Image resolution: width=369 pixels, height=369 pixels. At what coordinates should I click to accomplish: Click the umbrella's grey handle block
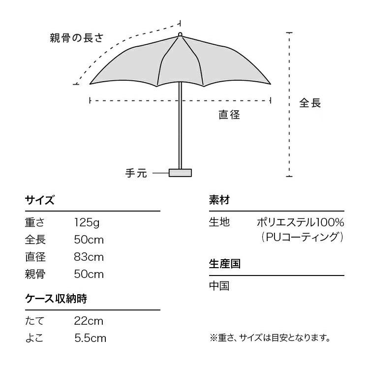(180, 173)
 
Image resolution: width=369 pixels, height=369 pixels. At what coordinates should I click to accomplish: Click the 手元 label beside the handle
(136, 173)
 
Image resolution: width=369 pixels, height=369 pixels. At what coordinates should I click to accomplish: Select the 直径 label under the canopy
(229, 115)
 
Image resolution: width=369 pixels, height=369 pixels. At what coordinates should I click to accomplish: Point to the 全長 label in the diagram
(310, 103)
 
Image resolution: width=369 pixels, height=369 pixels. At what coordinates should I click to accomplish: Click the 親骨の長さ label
(77, 38)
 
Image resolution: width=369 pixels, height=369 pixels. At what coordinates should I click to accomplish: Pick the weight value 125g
(87, 222)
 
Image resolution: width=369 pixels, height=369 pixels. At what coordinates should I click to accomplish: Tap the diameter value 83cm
(89, 257)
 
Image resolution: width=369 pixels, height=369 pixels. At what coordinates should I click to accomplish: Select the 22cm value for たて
(89, 321)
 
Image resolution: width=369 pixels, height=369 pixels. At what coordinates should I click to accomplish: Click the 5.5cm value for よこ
(90, 338)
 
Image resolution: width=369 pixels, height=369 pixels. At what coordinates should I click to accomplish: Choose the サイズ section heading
(40, 200)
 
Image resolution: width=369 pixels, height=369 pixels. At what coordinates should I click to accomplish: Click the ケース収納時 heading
(56, 299)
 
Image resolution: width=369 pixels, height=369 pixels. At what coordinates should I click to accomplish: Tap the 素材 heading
(219, 200)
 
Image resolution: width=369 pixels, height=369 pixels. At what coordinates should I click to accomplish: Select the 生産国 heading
(225, 264)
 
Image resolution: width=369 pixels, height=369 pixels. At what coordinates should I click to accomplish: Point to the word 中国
(219, 286)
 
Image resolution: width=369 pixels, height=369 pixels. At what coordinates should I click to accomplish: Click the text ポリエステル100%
(301, 222)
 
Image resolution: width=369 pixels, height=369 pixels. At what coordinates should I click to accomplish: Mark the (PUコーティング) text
(302, 237)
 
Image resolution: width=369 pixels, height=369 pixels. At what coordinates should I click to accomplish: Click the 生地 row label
(219, 222)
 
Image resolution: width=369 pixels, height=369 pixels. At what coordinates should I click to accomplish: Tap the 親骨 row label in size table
(35, 274)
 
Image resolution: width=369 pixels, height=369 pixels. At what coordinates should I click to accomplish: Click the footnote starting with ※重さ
(270, 338)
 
